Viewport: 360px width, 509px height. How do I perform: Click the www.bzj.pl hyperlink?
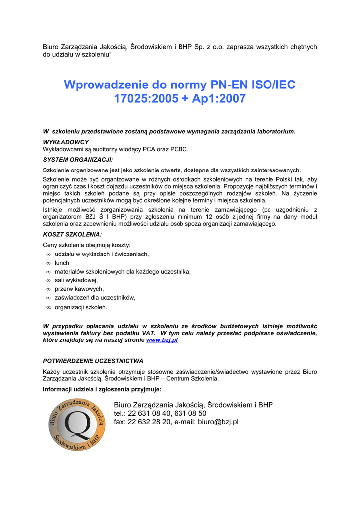coord(162,340)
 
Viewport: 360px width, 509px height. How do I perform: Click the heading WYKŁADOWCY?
coord(66,142)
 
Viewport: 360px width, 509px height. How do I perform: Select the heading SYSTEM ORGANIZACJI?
coord(78,160)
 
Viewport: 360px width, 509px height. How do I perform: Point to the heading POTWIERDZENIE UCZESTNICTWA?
coord(93,360)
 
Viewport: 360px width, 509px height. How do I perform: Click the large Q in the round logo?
coord(78,423)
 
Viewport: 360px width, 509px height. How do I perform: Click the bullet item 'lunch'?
coord(62,263)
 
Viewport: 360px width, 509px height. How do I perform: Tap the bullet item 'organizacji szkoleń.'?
coord(81,307)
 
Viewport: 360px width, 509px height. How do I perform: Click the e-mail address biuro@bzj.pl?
coord(218,422)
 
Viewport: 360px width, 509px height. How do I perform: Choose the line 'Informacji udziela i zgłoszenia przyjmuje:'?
coord(102,389)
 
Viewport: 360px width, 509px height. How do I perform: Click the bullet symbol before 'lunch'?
coord(49,263)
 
